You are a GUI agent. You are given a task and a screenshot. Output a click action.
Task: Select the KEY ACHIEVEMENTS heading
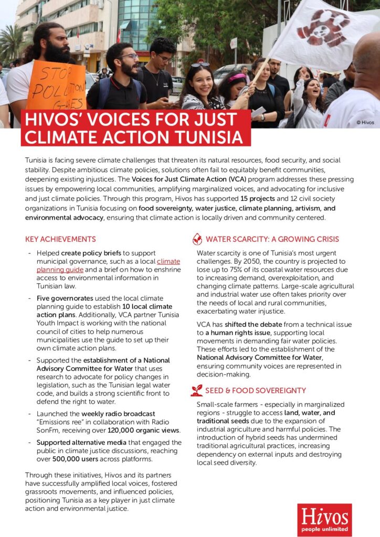coord(60,239)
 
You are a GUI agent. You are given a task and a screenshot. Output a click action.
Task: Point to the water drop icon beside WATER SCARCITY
coord(197,239)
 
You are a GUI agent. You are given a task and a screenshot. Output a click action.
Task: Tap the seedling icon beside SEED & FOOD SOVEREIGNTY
coord(197,390)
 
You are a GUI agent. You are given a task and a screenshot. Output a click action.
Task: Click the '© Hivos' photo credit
coord(365,123)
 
